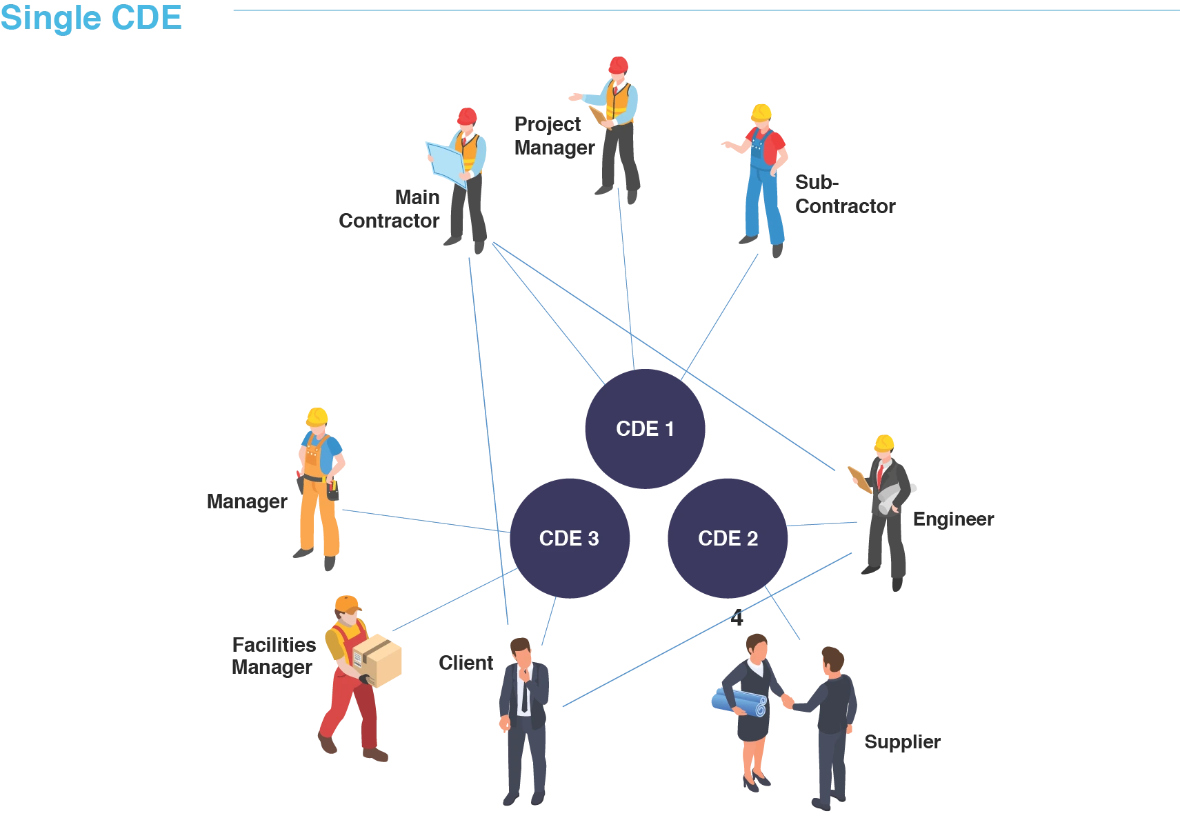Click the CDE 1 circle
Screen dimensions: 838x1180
point(645,428)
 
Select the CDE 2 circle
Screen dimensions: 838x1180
point(728,538)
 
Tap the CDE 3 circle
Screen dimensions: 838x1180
point(569,538)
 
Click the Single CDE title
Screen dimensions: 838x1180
point(91,18)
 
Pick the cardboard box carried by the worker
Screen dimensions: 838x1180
point(377,660)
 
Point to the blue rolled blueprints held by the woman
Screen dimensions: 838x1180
point(739,702)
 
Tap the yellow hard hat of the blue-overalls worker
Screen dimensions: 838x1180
point(761,112)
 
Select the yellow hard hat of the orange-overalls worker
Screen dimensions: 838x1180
point(317,415)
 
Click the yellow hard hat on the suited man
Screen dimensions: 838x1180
point(884,442)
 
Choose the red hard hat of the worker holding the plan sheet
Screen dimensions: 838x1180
point(467,115)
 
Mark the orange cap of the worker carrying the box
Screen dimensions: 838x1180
point(348,603)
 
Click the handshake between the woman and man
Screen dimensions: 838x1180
point(788,701)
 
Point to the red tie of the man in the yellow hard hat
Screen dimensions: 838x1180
point(880,475)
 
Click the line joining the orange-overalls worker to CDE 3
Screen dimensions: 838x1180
point(421,519)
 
